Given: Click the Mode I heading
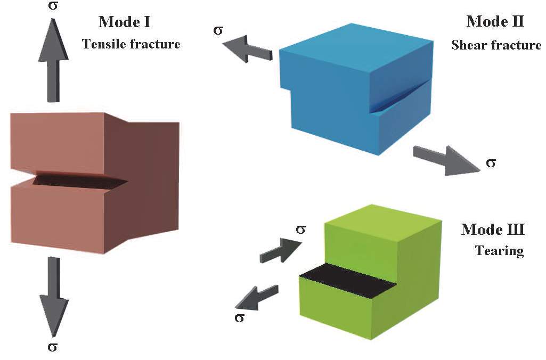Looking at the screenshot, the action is coord(124,22).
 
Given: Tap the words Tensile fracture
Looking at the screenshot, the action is coord(131,44).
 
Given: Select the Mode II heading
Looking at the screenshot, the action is coord(495,21).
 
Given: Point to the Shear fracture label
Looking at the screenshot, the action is coord(496,45).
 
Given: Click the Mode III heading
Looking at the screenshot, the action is coord(493,230).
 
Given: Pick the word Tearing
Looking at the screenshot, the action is coord(499,251).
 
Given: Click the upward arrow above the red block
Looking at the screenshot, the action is coord(53,60).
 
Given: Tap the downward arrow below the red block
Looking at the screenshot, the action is coord(53,297).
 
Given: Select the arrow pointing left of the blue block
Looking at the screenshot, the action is coord(247,49).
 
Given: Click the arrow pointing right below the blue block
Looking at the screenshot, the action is coord(446,160).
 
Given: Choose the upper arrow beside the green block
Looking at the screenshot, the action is coord(281,250).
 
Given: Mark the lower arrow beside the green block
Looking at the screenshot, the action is coord(257,298).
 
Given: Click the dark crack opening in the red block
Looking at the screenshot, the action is coord(79,180).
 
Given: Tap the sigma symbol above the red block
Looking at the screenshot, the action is coord(53,6).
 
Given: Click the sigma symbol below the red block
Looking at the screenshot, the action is coord(52,347).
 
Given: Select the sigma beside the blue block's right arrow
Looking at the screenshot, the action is coord(491,162).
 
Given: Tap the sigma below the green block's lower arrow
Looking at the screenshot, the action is coord(240,318).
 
